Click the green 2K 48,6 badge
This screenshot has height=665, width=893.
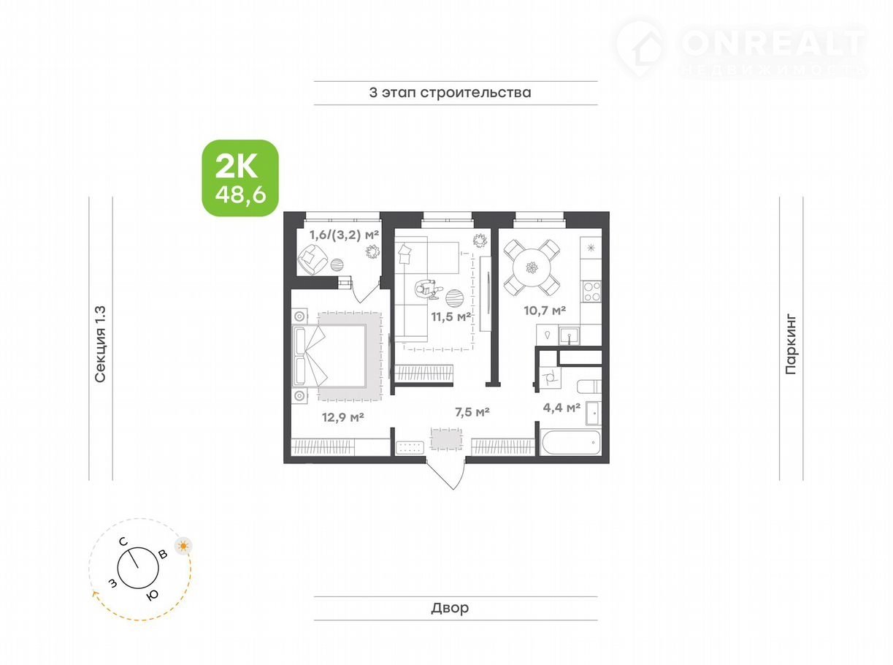[x=240, y=178]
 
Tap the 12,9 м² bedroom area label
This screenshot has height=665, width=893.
[x=343, y=417]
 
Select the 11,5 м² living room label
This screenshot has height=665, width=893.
[x=451, y=316]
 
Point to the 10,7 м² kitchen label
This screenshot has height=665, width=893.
[x=545, y=311]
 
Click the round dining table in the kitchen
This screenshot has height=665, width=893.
[x=532, y=267]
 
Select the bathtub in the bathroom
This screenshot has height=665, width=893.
[x=571, y=442]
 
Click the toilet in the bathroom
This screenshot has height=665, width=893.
[x=589, y=386]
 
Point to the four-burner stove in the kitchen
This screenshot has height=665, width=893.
[x=591, y=292]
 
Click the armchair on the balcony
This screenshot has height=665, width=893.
[x=313, y=259]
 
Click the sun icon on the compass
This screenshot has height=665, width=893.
[x=183, y=546]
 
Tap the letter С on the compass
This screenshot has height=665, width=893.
[x=123, y=541]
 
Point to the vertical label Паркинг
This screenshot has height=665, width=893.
[x=791, y=344]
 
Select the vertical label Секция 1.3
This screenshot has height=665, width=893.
[x=100, y=343]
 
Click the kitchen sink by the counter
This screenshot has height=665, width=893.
[x=570, y=335]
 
